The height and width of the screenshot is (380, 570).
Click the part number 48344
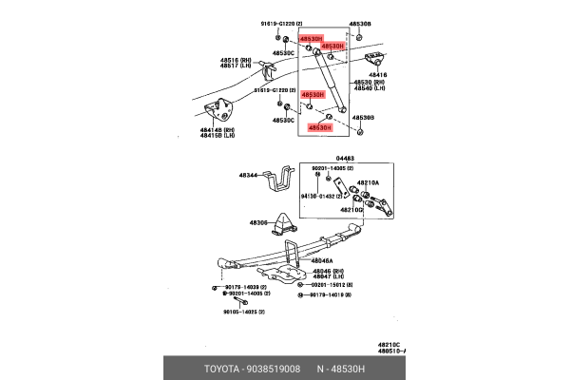coord(248,176)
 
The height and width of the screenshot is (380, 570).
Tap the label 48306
coord(259,223)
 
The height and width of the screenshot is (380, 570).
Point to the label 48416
coord(377,73)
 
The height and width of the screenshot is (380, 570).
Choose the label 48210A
coord(368,182)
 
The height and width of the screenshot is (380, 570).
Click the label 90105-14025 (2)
coord(244,311)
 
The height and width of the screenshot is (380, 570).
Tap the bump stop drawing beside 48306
coord(285,224)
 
